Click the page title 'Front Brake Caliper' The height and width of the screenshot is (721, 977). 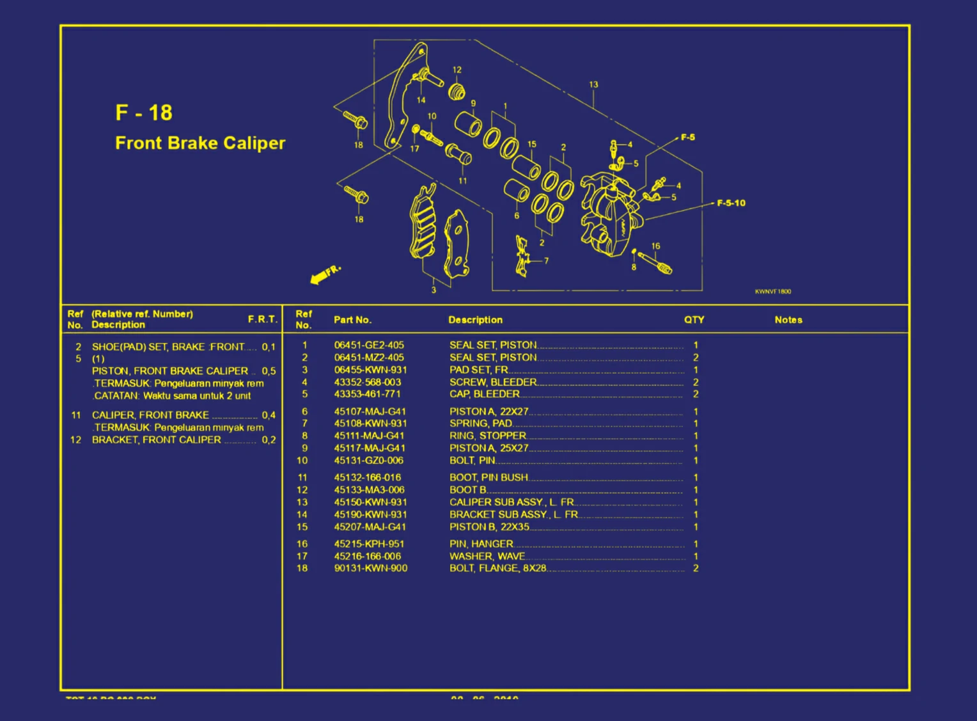pyautogui.click(x=200, y=143)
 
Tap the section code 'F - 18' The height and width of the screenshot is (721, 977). pyautogui.click(x=144, y=113)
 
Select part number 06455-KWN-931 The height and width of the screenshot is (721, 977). pyautogui.click(x=370, y=370)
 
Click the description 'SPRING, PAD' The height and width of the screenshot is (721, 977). pyautogui.click(x=481, y=423)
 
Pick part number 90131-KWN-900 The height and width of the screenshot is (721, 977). pyautogui.click(x=370, y=568)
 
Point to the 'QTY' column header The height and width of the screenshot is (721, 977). pyautogui.click(x=694, y=320)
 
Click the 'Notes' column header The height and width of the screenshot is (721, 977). pyautogui.click(x=788, y=320)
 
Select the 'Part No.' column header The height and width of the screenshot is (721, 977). pyautogui.click(x=352, y=320)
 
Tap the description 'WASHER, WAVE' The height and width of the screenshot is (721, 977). pyautogui.click(x=487, y=556)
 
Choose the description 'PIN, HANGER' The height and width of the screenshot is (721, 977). pyautogui.click(x=481, y=544)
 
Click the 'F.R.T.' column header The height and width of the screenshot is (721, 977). pyautogui.click(x=262, y=319)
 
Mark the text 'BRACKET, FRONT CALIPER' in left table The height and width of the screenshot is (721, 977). pyautogui.click(x=157, y=440)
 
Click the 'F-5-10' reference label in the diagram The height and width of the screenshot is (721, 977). pyautogui.click(x=731, y=203)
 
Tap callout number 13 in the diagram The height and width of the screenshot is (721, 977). pyautogui.click(x=593, y=84)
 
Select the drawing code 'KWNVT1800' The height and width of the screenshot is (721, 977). pyautogui.click(x=772, y=292)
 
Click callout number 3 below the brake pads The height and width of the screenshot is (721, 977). pyautogui.click(x=434, y=290)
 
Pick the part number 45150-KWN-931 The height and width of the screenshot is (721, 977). pyautogui.click(x=370, y=502)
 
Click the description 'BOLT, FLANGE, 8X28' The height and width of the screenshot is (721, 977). pyautogui.click(x=498, y=568)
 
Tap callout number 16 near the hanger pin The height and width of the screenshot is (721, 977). pyautogui.click(x=655, y=246)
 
